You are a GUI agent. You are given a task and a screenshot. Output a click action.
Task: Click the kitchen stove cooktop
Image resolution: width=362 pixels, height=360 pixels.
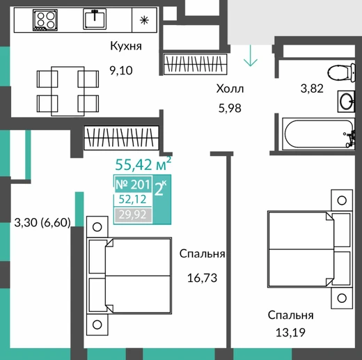(45, 20)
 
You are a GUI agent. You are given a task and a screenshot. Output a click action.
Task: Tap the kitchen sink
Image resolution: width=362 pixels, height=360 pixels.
(95, 19)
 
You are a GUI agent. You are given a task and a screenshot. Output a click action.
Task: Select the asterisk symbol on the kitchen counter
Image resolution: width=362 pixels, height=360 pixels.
(144, 20)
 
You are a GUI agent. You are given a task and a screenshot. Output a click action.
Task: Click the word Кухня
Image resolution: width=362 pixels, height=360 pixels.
(126, 46)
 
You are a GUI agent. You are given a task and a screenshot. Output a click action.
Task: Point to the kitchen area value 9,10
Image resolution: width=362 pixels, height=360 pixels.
(121, 70)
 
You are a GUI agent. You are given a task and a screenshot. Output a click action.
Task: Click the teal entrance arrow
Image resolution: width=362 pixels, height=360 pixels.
(251, 55)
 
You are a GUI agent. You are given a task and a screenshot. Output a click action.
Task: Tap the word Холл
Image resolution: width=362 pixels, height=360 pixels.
(230, 88)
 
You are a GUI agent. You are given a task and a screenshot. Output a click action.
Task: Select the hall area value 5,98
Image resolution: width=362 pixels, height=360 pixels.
(230, 108)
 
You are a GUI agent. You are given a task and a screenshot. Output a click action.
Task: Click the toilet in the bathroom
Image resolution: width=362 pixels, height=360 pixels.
(341, 72)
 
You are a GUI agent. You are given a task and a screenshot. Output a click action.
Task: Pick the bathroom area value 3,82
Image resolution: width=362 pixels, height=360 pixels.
(312, 88)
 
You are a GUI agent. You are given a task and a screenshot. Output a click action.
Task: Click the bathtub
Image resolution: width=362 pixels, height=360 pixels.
(318, 134)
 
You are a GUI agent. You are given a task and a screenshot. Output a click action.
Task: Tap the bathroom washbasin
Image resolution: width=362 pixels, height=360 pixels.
(346, 102)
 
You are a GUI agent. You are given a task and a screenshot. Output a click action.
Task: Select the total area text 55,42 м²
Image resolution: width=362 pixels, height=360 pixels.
(143, 164)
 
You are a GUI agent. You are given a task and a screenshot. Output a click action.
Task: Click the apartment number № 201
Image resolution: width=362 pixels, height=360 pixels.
(133, 185)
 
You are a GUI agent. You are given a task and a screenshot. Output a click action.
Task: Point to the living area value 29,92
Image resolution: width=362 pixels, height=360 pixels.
(133, 214)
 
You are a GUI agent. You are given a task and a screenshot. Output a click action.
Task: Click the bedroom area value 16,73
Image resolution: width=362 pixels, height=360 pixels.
(202, 278)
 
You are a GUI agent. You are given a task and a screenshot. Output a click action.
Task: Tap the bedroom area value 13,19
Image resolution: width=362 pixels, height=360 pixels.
(290, 333)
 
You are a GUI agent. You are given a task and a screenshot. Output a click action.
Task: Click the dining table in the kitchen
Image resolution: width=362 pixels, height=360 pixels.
(68, 91)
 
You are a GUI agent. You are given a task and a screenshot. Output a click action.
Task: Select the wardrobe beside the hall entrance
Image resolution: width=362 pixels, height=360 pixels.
(195, 64)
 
